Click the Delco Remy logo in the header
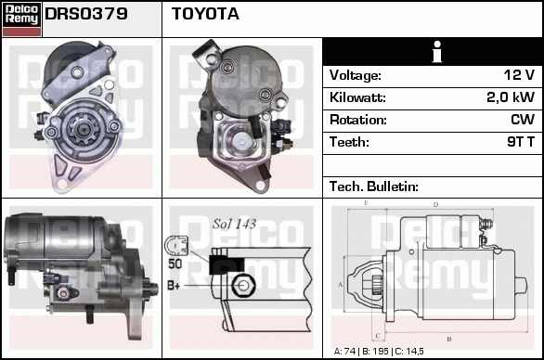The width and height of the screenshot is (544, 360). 21,19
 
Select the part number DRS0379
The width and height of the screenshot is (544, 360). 86,14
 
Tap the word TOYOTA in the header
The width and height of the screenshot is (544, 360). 205,14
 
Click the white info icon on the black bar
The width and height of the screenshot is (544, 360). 437,52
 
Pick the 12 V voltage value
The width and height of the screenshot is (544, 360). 519,75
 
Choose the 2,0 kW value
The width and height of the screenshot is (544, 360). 511,97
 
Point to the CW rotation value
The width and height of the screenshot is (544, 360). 523,120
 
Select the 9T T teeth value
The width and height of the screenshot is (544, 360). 521,142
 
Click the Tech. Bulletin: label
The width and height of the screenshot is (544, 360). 374,186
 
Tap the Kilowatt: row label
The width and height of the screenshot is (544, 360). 357,97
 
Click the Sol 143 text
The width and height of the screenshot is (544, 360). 235,224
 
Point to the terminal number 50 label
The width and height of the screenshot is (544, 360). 175,264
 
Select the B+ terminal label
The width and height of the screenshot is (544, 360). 174,286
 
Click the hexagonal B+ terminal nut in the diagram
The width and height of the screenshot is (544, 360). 243,286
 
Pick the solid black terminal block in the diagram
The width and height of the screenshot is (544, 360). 227,265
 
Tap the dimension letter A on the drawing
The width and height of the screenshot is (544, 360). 340,285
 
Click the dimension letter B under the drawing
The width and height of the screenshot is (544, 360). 449,339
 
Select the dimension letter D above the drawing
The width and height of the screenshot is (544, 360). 436,205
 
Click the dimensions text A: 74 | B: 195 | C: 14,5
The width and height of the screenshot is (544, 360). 379,352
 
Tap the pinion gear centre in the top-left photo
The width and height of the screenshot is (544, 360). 84,130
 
